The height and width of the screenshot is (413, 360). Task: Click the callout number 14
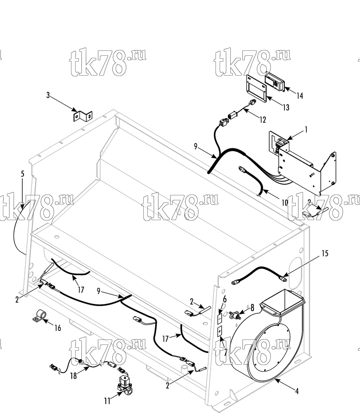[x=300, y=96]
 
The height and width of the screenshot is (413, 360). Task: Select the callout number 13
[x=286, y=107]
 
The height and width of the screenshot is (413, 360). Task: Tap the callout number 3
[x=48, y=95]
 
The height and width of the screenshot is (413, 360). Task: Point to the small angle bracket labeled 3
[x=83, y=116]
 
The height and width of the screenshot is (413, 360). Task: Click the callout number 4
[x=297, y=391]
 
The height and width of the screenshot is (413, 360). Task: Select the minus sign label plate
[x=220, y=318]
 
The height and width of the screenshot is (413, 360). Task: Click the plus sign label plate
[x=220, y=331]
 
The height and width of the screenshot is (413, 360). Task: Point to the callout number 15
[x=325, y=253]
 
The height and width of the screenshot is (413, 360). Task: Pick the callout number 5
[x=22, y=174]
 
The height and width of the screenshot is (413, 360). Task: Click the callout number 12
[x=263, y=120]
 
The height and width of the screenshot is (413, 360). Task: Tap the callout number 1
[x=306, y=130]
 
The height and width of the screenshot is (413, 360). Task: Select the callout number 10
[x=285, y=202]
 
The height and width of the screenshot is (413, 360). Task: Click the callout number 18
[x=73, y=376]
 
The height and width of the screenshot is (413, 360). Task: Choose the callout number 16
[x=58, y=328]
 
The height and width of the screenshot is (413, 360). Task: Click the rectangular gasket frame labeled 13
[x=256, y=89]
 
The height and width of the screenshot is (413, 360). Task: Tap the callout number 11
[x=107, y=401]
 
